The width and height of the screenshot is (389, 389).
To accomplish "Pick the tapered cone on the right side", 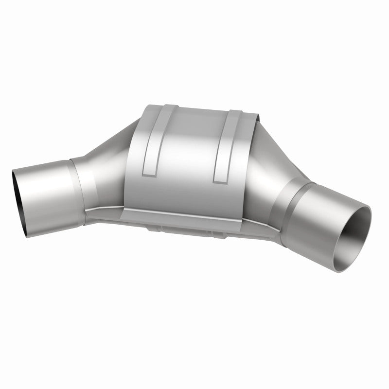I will click(x=277, y=165).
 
